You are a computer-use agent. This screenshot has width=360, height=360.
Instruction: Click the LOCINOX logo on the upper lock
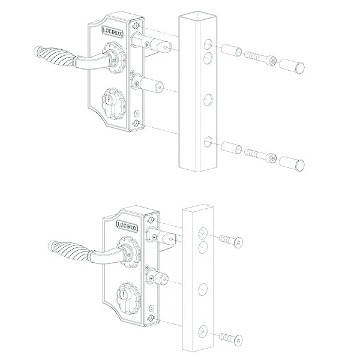(113, 31)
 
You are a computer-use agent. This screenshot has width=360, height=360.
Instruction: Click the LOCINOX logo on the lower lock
(127, 226)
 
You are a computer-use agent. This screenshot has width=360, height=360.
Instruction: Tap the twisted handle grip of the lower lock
(70, 252)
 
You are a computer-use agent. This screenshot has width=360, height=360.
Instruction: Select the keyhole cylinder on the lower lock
(128, 298)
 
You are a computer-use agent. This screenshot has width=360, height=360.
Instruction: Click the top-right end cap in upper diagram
(292, 66)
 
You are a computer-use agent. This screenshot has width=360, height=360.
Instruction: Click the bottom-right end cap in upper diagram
(292, 164)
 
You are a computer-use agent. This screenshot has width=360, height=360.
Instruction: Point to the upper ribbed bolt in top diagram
(260, 58)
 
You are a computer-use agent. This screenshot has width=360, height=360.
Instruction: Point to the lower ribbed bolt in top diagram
(260, 155)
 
